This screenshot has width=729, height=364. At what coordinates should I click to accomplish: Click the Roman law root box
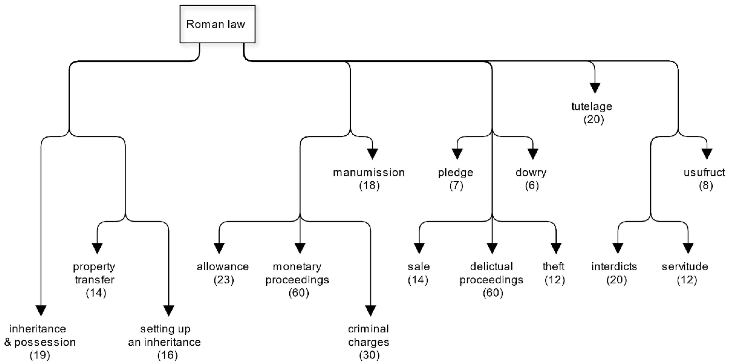217,24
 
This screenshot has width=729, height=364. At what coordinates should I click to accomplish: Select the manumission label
368,172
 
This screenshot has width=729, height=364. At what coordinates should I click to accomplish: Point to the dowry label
531,172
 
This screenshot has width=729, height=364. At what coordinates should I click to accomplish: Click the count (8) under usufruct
706,186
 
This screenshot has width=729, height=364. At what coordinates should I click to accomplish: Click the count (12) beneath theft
554,280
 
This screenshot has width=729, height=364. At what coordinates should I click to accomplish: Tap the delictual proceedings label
491,273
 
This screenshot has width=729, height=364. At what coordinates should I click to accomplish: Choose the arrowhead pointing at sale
419,248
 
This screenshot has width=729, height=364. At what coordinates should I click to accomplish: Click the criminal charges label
368,335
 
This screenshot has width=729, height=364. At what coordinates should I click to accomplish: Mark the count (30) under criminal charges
369,355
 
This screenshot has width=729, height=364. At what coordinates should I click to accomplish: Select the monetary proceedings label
297,273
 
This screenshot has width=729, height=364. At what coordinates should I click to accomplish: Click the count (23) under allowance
224,280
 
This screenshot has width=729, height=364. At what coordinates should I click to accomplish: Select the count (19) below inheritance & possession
40,355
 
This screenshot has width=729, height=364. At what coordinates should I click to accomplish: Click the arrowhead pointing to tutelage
595,88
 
